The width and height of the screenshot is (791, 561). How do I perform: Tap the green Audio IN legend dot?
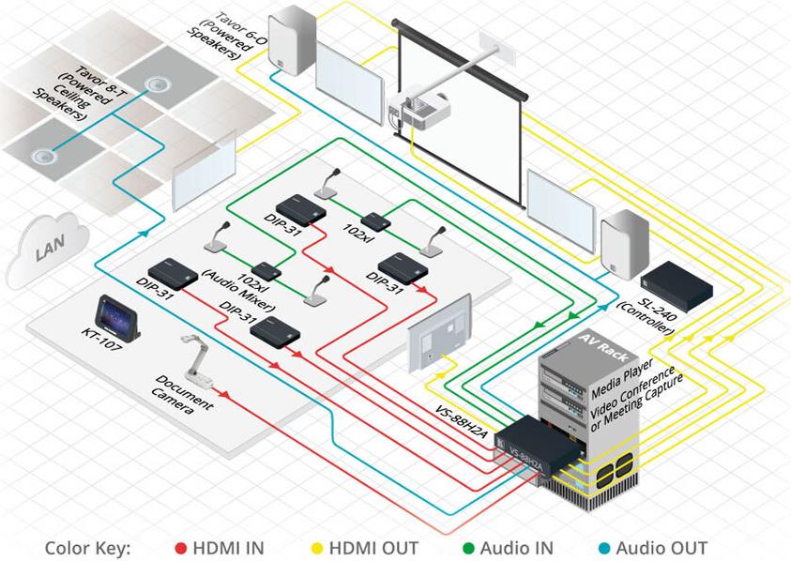(x=468, y=548)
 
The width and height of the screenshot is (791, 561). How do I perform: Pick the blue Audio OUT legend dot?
(x=603, y=548)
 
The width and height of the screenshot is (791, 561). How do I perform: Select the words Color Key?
(x=87, y=548)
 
